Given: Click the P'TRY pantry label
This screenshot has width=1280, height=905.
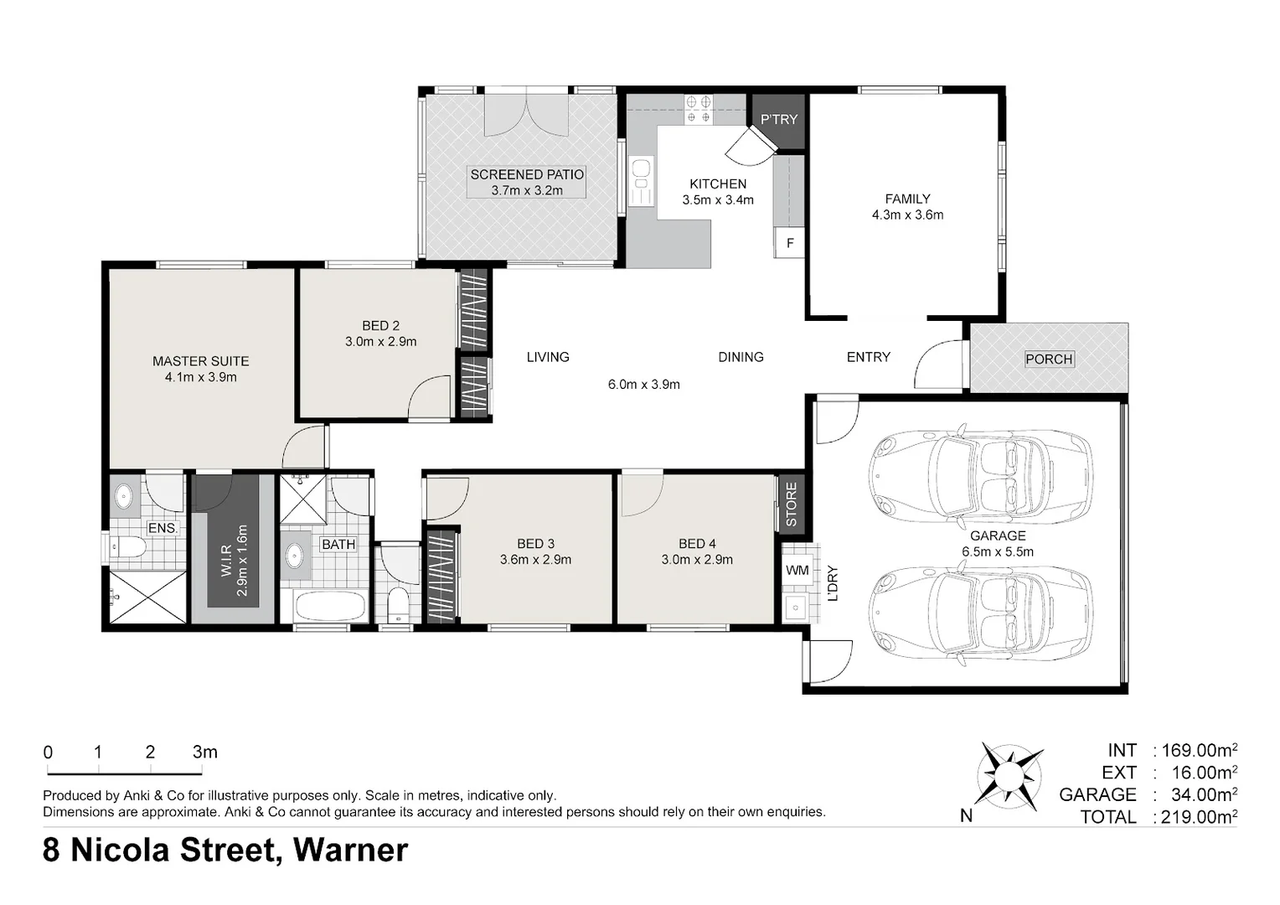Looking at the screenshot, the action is pyautogui.click(x=778, y=120).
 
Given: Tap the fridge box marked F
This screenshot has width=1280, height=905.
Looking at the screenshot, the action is pyautogui.click(x=790, y=242).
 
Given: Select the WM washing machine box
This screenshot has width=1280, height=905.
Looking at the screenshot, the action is pyautogui.click(x=797, y=570).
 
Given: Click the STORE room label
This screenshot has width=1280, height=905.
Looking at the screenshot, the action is pyautogui.click(x=792, y=504).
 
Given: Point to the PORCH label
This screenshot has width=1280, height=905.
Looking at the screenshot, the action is pyautogui.click(x=1049, y=359).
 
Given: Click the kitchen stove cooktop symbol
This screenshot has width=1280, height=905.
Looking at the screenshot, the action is pyautogui.click(x=699, y=109).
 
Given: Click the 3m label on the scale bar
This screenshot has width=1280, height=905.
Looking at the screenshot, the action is pyautogui.click(x=204, y=752).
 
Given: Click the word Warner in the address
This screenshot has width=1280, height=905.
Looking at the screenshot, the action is pyautogui.click(x=350, y=850).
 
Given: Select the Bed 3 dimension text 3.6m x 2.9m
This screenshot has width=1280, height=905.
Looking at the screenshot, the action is pyautogui.click(x=535, y=560).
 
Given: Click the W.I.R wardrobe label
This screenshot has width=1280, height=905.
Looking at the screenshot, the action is pyautogui.click(x=225, y=561).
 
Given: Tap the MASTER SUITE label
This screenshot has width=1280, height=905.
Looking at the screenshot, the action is pyautogui.click(x=200, y=361).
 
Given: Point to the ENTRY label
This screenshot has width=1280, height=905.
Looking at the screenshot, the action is pyautogui.click(x=869, y=357).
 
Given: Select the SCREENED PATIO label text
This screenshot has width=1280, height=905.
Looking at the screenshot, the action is pyautogui.click(x=527, y=174).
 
